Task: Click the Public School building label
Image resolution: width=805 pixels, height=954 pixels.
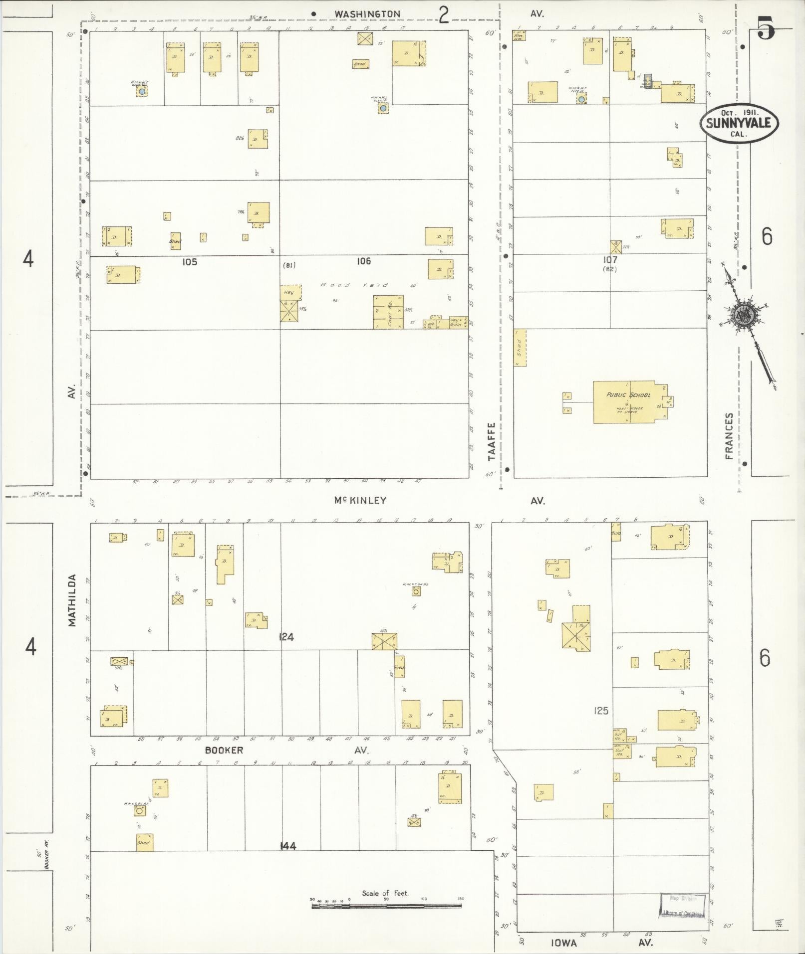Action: [x=628, y=394]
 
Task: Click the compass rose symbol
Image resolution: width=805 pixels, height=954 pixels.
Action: [x=744, y=315]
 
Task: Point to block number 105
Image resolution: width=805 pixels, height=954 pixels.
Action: [x=190, y=262]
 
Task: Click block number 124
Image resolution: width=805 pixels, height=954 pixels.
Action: [x=286, y=637]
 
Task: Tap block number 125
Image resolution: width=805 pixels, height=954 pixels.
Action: [x=601, y=711]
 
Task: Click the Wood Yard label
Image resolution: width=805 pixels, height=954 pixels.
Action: [x=354, y=285]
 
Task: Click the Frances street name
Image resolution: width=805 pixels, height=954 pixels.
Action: [x=730, y=435]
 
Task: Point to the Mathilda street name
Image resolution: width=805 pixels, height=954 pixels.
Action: [x=73, y=600]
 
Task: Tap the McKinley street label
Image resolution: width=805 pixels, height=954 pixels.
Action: [x=360, y=500]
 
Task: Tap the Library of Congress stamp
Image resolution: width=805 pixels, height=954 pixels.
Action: [x=683, y=905]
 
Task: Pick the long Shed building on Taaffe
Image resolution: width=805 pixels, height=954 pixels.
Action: [x=520, y=348]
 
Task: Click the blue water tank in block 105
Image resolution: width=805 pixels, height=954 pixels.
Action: [x=142, y=92]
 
